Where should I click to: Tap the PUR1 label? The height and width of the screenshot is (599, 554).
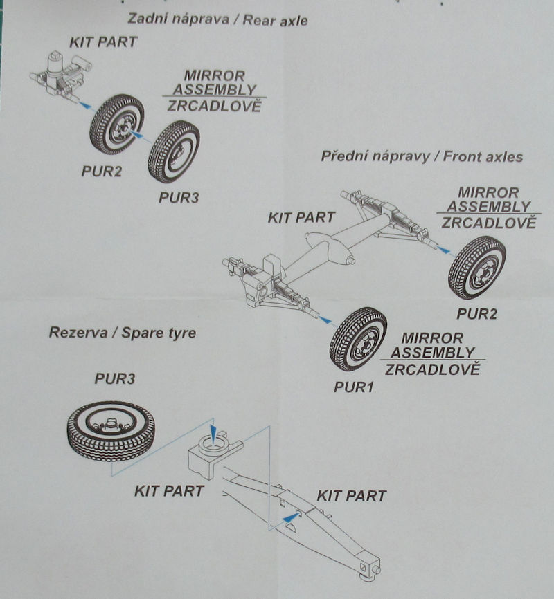(353, 387)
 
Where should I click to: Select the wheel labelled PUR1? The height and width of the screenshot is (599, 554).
(357, 339)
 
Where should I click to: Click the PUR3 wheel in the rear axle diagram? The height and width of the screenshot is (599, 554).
(173, 151)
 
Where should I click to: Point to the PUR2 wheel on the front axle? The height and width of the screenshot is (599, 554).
(476, 267)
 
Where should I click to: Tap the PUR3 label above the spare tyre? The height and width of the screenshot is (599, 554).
(114, 379)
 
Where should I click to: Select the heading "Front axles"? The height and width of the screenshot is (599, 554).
(474, 156)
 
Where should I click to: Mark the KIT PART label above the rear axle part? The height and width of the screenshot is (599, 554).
(102, 42)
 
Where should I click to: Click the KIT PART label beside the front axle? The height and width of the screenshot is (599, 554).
(301, 217)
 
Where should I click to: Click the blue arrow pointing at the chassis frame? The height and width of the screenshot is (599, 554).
(290, 516)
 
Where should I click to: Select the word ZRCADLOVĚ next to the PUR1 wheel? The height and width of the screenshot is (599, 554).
(431, 369)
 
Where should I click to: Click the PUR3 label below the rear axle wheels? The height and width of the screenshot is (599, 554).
(178, 197)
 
